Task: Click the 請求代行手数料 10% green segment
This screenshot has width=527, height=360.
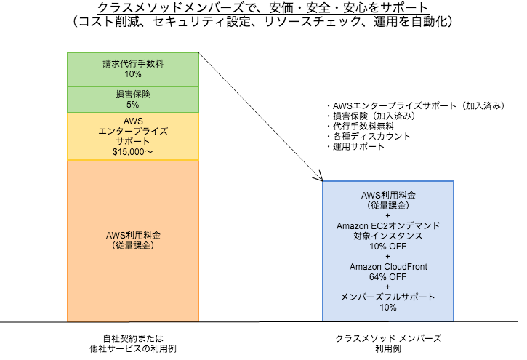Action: (x=132, y=68)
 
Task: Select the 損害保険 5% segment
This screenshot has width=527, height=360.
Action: (x=132, y=98)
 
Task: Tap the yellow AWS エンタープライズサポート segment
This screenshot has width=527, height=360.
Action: (x=132, y=136)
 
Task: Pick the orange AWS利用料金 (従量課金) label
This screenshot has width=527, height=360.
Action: (x=132, y=241)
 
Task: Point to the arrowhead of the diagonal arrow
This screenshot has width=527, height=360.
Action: (x=320, y=180)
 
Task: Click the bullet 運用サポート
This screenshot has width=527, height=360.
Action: (x=355, y=146)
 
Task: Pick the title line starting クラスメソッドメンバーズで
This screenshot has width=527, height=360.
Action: (x=262, y=8)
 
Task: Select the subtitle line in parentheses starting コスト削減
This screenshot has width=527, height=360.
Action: (x=262, y=23)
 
